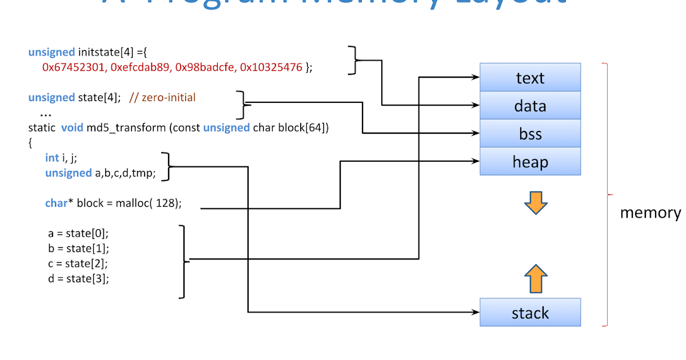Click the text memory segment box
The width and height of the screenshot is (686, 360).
coord(530,78)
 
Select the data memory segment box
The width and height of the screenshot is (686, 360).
coord(530,106)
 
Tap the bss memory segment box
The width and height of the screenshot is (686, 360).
coord(530,134)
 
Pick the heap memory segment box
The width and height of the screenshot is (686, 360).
coord(530,162)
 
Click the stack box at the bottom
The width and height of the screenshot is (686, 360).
coord(530,313)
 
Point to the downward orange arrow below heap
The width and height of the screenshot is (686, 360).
coord(536,203)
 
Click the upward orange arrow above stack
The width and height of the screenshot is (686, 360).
coord(536,279)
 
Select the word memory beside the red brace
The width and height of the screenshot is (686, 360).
coord(650,213)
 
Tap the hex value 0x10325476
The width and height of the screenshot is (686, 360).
coord(271,67)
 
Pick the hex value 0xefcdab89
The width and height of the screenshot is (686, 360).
coord(139,67)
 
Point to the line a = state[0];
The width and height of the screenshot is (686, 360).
coord(78,233)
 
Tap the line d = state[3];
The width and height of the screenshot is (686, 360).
coord(78,279)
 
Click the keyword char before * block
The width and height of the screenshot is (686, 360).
coord(55,203)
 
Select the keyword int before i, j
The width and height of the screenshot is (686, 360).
coord(52,158)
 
